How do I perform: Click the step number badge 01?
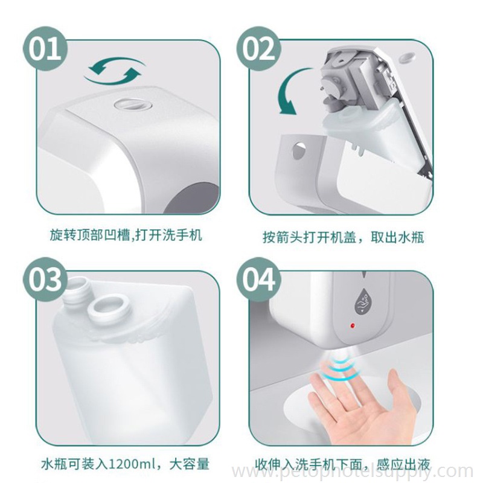(x=45, y=50)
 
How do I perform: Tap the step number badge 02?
(x=259, y=50)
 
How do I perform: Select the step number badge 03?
(x=45, y=280)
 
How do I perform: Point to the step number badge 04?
(x=259, y=280)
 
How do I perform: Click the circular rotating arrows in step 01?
(x=115, y=71)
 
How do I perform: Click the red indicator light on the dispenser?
(x=352, y=325)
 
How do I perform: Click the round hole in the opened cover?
(x=298, y=150)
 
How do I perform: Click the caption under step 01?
(x=126, y=235)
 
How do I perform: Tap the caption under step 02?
(x=343, y=237)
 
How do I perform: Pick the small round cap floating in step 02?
(x=406, y=56)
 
